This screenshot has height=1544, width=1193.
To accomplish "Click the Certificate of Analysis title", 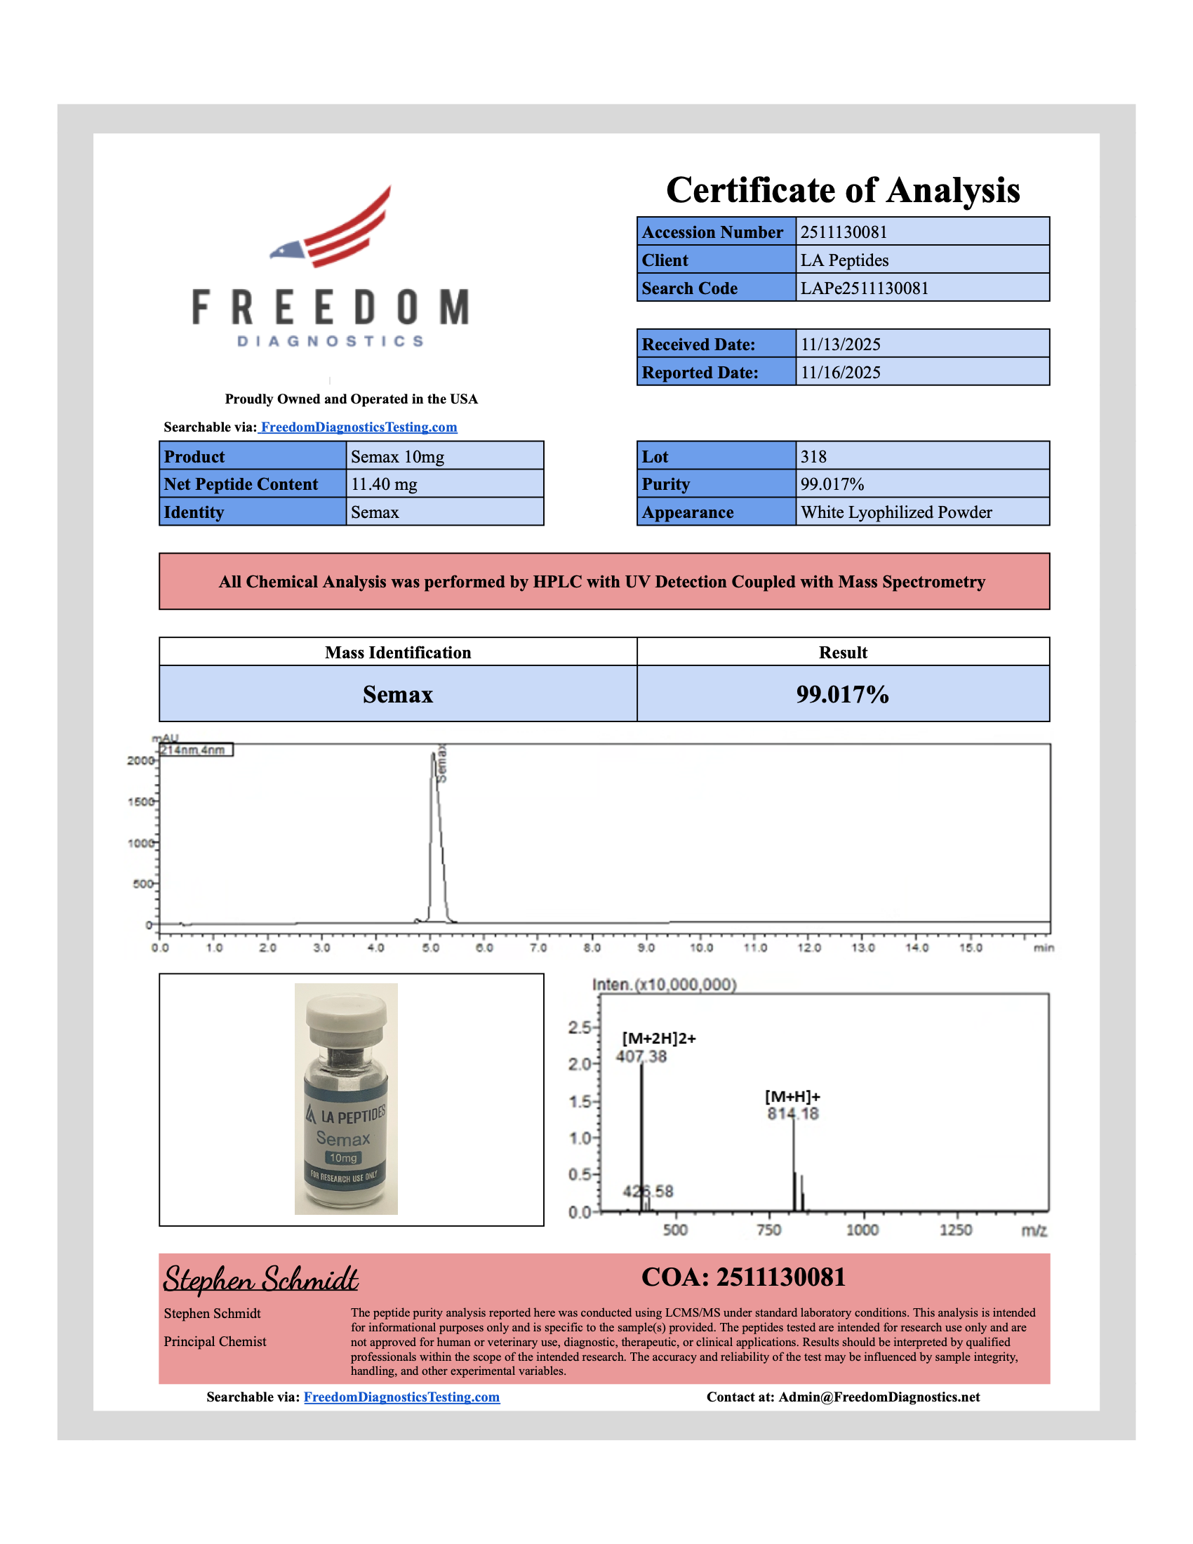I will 842,190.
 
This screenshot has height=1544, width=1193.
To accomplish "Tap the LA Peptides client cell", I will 844,260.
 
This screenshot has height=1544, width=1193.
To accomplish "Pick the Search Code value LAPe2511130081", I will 864,288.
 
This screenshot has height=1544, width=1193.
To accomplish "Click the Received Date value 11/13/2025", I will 840,345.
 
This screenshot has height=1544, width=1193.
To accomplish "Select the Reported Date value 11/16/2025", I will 840,373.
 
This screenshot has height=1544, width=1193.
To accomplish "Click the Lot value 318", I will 813,457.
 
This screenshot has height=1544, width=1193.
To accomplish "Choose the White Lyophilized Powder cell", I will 895,512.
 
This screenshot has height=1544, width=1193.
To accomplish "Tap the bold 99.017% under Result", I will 841,694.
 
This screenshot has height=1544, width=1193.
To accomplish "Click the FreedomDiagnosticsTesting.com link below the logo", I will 359,427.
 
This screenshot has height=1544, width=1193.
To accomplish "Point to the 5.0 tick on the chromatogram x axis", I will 430,947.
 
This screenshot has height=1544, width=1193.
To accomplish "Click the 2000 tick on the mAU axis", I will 139,761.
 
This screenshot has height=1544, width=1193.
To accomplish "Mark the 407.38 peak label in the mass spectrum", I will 641,1056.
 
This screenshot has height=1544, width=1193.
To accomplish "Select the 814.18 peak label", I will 792,1114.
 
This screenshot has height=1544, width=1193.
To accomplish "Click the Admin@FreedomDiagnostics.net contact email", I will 879,1397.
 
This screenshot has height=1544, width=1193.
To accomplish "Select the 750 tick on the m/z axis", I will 768,1230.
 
